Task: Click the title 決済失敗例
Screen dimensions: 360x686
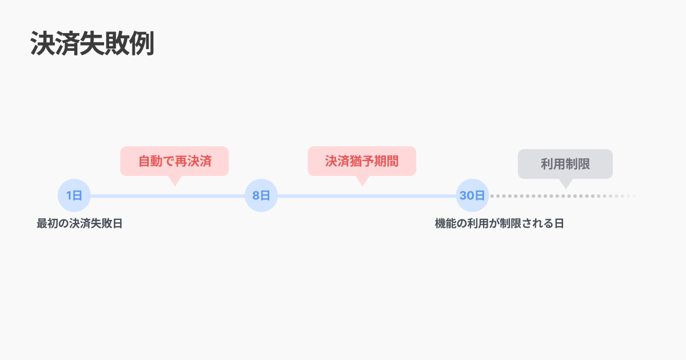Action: (x=92, y=43)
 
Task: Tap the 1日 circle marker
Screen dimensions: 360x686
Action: (x=74, y=195)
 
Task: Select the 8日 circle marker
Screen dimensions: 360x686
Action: (x=261, y=195)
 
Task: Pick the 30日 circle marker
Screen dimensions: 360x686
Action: (x=473, y=195)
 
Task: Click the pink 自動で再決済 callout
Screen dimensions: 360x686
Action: (x=174, y=161)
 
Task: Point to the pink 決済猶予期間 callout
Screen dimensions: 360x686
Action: (x=362, y=161)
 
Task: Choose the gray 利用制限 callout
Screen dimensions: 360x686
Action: (x=565, y=164)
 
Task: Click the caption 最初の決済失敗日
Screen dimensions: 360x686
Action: (x=79, y=223)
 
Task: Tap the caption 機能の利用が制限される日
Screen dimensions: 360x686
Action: (x=499, y=223)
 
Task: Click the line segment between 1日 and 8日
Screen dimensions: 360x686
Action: (x=167, y=196)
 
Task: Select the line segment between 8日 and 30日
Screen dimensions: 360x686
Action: (x=366, y=196)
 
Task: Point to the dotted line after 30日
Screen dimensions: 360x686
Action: (x=560, y=196)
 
